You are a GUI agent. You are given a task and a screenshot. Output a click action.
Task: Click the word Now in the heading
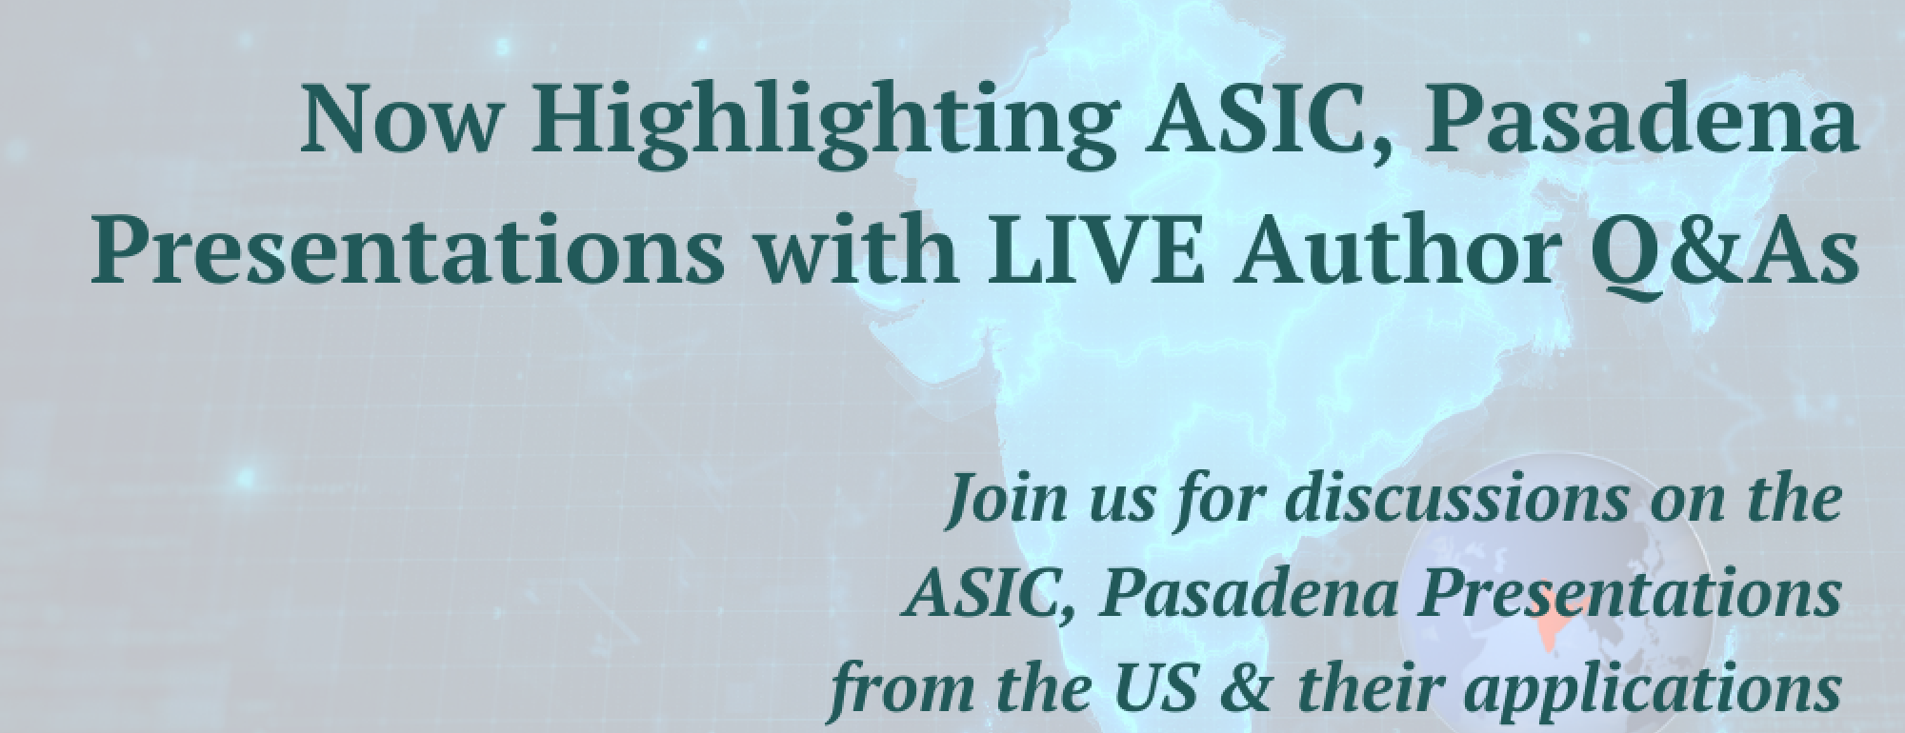point(400,122)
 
